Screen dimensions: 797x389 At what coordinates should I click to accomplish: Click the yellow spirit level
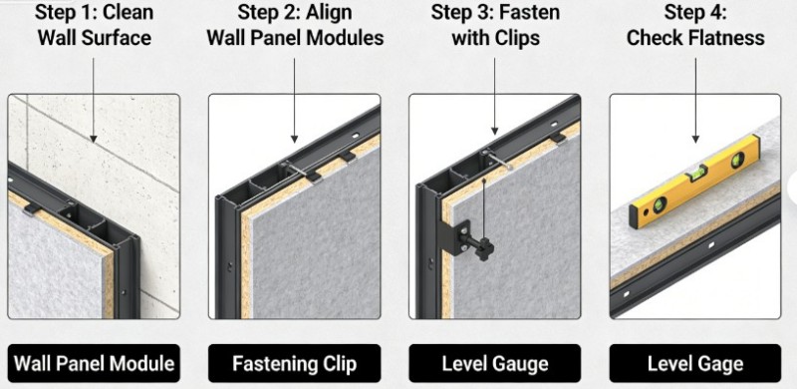coord(694,182)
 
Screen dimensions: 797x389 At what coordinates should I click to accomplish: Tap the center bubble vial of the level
coord(694,175)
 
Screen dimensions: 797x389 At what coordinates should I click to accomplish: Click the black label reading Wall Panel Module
coord(94,363)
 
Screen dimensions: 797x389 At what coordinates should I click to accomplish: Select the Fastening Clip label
coord(294,363)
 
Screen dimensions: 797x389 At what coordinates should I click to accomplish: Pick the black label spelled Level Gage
coord(695,363)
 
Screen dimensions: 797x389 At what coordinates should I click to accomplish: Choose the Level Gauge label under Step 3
coord(494,363)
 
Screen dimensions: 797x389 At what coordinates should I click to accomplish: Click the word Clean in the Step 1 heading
coord(129,12)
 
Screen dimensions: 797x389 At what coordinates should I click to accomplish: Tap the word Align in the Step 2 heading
coord(328,12)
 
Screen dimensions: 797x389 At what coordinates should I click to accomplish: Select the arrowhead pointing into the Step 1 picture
coord(93,138)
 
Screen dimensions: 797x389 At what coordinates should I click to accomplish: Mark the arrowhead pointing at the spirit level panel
coord(695,138)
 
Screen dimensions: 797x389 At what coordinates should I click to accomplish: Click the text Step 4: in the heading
coord(695,12)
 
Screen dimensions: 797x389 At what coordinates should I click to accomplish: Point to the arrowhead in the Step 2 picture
coord(294,138)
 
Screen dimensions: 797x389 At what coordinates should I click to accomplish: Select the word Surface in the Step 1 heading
coord(124,38)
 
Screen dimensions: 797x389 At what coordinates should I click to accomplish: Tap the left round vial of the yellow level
coord(660,204)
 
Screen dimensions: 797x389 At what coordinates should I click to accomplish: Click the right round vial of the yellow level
coord(737,161)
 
